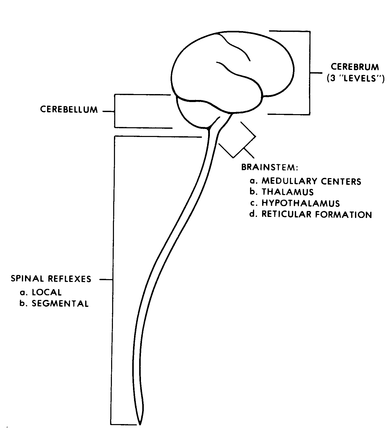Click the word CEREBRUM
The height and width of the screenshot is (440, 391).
(x=355, y=67)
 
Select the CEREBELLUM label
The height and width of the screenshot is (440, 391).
(x=69, y=109)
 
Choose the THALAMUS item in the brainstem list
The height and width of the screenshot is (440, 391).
(x=288, y=192)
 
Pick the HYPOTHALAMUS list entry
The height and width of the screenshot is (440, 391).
(x=301, y=203)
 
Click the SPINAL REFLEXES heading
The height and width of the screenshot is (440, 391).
(x=51, y=279)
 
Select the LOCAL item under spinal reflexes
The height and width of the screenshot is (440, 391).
(x=47, y=292)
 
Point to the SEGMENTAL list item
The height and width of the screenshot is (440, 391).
(x=60, y=304)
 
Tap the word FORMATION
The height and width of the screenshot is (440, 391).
(x=344, y=214)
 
